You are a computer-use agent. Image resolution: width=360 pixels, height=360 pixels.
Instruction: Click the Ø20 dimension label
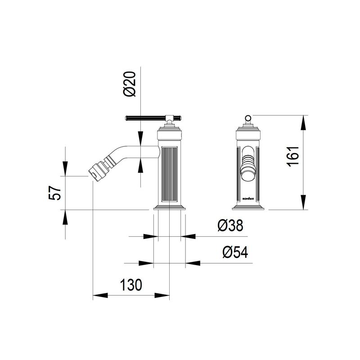pos(130,84)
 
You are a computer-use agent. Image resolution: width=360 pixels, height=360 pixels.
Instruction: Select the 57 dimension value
pos(55,193)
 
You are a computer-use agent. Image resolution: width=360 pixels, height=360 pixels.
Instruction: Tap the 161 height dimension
pos(293,156)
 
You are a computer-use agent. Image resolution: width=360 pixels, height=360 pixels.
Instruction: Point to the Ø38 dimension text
pos(230,225)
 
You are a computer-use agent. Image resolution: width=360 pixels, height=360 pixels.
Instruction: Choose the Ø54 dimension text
pos(235,252)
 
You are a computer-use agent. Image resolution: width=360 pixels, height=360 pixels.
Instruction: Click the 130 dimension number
pos(131,285)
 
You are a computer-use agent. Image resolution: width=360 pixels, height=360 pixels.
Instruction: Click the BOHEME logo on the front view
pos(248,199)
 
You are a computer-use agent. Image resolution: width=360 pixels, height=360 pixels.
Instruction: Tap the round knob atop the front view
pos(248,118)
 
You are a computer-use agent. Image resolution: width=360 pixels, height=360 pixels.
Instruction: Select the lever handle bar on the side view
pos(153,118)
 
